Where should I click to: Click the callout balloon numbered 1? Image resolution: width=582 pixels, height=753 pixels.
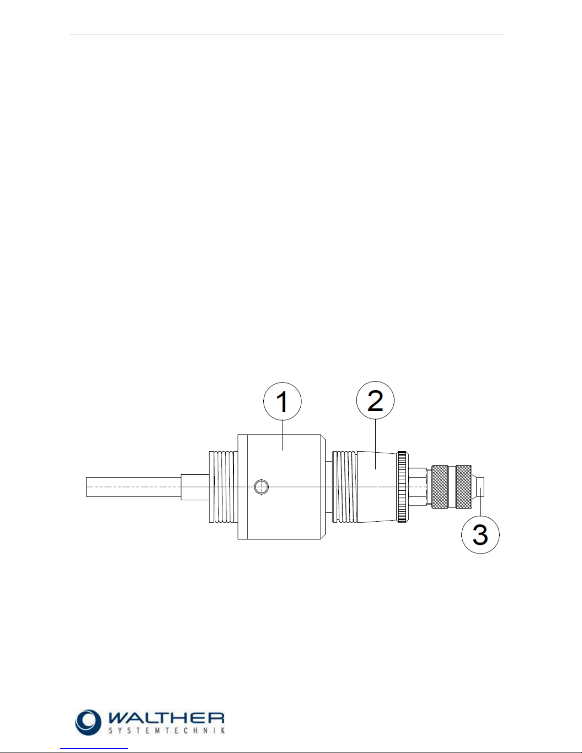pyautogui.click(x=282, y=401)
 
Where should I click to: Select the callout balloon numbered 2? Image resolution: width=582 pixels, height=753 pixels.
pyautogui.click(x=375, y=400)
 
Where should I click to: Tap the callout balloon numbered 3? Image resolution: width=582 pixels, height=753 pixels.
pyautogui.click(x=480, y=534)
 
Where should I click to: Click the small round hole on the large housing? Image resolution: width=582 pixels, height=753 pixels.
pyautogui.click(x=261, y=486)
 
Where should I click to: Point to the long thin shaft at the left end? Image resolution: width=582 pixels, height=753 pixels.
pyautogui.click(x=134, y=487)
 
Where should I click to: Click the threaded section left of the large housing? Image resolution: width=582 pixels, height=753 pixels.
pyautogui.click(x=223, y=486)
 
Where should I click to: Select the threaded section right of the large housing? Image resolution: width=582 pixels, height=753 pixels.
pyautogui.click(x=344, y=486)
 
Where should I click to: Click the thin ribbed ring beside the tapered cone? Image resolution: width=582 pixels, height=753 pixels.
pyautogui.click(x=403, y=486)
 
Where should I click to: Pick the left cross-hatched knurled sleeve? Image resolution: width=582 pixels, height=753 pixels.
pyautogui.click(x=439, y=487)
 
